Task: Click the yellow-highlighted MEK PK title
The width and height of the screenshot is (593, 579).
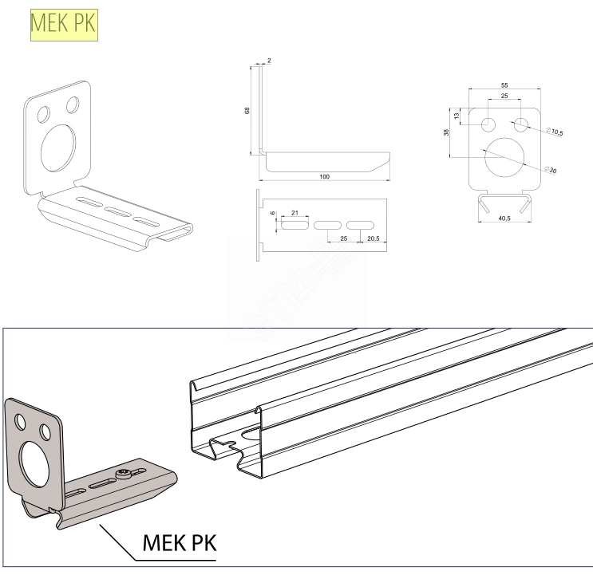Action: tap(63, 26)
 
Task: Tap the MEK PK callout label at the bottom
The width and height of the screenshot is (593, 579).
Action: tap(179, 543)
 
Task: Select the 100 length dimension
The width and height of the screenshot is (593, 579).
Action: tap(324, 176)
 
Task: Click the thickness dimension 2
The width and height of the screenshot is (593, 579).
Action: tap(270, 61)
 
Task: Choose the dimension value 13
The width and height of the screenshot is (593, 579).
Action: tap(457, 116)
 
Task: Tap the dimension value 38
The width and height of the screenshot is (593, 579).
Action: tap(446, 133)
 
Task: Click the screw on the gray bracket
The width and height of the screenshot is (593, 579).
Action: tap(125, 476)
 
